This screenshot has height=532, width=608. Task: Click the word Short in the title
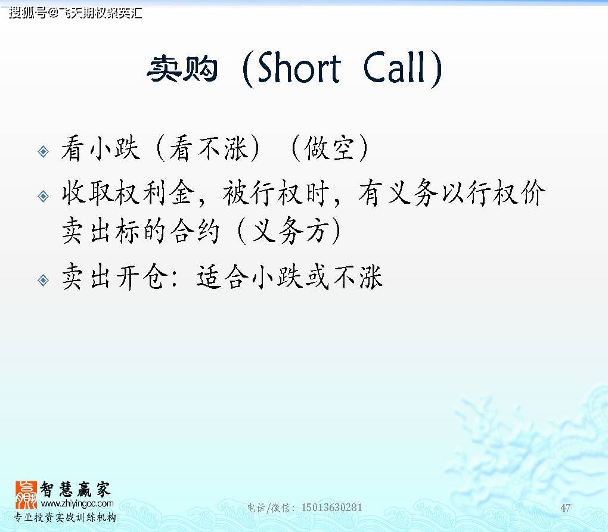299,69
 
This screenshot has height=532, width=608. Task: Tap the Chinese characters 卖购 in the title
182,70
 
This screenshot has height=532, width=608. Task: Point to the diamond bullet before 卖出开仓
43,279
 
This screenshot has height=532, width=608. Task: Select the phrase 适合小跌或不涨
290,277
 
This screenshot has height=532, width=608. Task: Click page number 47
566,508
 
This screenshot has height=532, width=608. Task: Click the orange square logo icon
26,495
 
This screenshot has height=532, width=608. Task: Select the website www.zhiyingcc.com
77,504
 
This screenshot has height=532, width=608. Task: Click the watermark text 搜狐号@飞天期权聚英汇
75,12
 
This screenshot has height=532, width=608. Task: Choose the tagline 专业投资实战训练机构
66,517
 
